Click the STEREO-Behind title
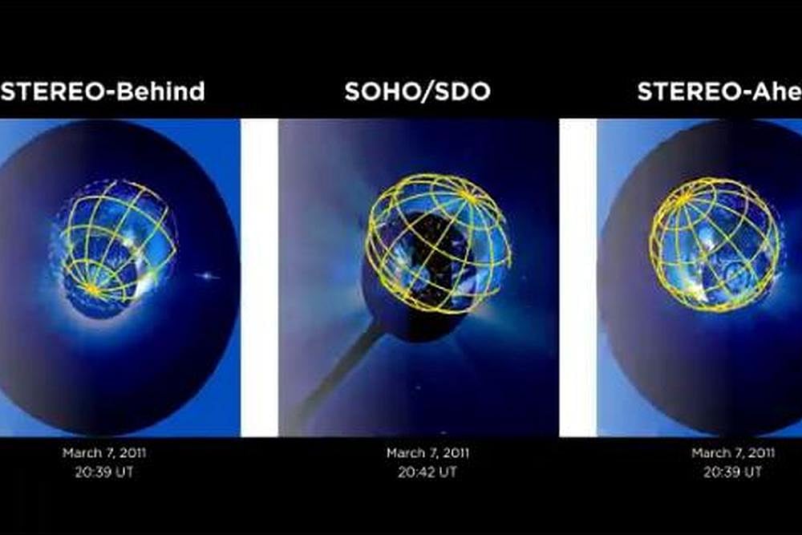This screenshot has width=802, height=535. [103, 91]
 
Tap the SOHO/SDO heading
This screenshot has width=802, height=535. [417, 91]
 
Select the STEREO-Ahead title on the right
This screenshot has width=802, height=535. [719, 91]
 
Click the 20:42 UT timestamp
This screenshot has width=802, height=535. [427, 472]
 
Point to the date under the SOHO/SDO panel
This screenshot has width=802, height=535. [427, 454]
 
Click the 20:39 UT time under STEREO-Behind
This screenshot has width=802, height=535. [104, 472]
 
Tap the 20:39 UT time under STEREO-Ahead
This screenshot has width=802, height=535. [731, 472]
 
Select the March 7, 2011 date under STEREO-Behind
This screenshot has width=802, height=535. [104, 453]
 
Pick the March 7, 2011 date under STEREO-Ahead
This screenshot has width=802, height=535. [731, 453]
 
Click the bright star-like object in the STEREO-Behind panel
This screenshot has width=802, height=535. [208, 276]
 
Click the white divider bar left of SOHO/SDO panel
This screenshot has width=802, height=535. [259, 278]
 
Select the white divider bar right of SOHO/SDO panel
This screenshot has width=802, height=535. [577, 278]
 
